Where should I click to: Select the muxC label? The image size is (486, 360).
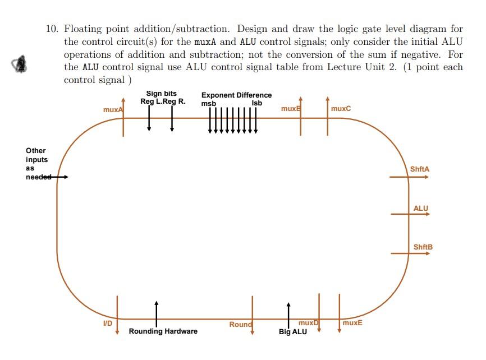tap(341, 108)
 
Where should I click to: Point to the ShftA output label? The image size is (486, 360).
tap(420, 169)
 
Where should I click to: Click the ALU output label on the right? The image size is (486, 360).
tap(420, 209)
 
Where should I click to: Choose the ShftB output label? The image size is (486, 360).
tap(423, 247)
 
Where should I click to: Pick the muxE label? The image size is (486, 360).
tap(352, 323)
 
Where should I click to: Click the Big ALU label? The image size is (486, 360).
tap(293, 332)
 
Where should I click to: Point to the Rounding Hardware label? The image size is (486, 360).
tap(163, 331)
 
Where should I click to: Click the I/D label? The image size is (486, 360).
tap(108, 324)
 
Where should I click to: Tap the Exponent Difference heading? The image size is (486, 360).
tap(236, 95)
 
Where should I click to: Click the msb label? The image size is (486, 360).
tap(208, 103)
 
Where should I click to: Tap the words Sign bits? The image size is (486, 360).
tap(162, 94)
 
